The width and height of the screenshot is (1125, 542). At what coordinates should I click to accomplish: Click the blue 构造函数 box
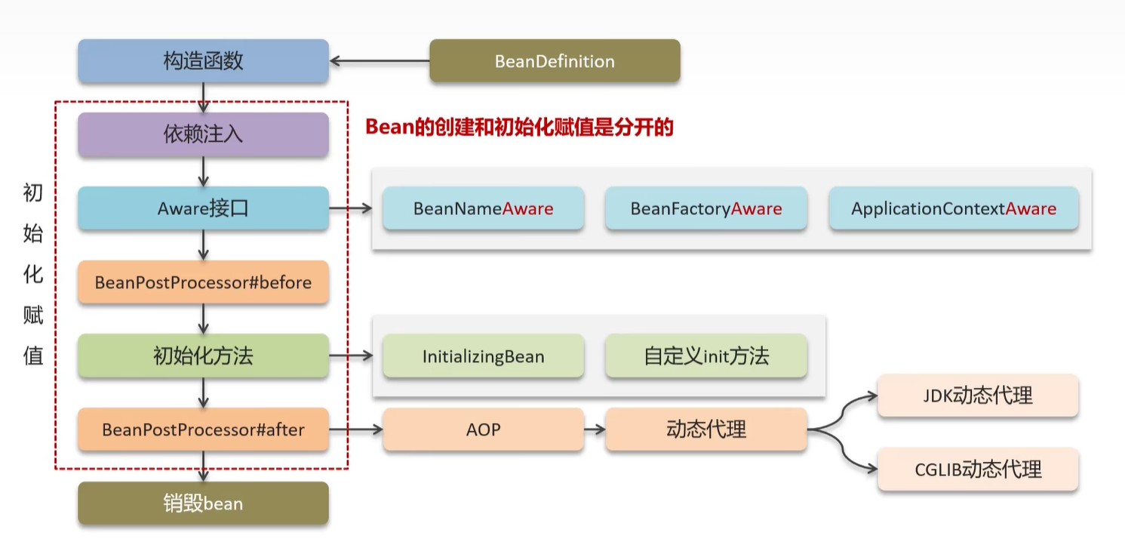click(x=204, y=61)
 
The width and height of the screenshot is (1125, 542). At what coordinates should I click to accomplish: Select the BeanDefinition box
click(x=555, y=61)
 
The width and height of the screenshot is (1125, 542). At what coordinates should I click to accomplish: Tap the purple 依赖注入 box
click(x=204, y=134)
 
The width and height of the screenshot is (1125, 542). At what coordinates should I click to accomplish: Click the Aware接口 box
click(x=204, y=208)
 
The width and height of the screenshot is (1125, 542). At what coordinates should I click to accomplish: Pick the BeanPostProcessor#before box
click(x=204, y=282)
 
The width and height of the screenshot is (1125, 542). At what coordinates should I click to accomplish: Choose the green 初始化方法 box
click(x=204, y=356)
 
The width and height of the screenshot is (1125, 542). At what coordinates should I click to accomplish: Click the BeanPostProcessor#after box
click(x=204, y=430)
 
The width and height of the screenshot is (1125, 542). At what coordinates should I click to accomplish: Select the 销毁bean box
click(x=204, y=504)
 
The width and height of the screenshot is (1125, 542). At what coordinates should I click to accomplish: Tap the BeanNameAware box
click(x=483, y=208)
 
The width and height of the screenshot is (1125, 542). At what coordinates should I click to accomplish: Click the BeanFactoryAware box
click(x=706, y=208)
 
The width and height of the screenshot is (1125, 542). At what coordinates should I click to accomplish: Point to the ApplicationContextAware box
click(x=954, y=208)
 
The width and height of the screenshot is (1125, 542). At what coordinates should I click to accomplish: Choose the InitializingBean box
click(x=483, y=356)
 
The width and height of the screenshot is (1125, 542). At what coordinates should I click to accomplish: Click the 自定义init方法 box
click(x=706, y=356)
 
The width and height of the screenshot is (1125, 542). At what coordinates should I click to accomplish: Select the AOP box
click(x=483, y=430)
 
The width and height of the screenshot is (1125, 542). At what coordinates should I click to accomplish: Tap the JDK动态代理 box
click(x=978, y=396)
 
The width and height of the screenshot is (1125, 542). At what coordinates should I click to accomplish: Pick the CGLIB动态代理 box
click(x=978, y=470)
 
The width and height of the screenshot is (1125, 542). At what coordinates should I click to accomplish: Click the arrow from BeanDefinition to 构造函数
click(x=380, y=61)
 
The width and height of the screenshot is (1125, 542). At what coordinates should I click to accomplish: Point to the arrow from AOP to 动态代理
click(x=595, y=430)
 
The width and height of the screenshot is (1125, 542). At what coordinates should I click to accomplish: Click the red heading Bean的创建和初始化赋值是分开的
click(x=519, y=127)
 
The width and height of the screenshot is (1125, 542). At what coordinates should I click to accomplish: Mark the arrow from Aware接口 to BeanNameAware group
click(x=351, y=208)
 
